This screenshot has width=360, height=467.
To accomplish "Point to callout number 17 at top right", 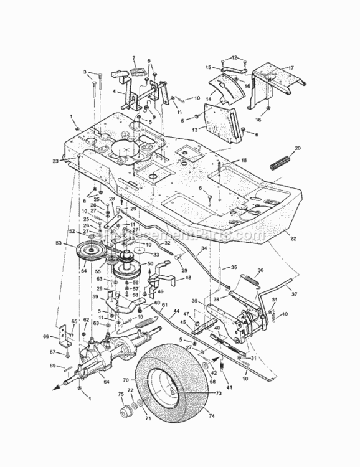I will (x=290, y=67).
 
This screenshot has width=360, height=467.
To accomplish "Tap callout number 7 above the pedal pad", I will (x=133, y=59).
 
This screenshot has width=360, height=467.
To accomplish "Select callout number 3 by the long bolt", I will (x=85, y=73).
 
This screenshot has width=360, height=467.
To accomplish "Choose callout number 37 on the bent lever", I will (x=295, y=295).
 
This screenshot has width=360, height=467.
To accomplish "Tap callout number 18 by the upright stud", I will (x=244, y=160).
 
